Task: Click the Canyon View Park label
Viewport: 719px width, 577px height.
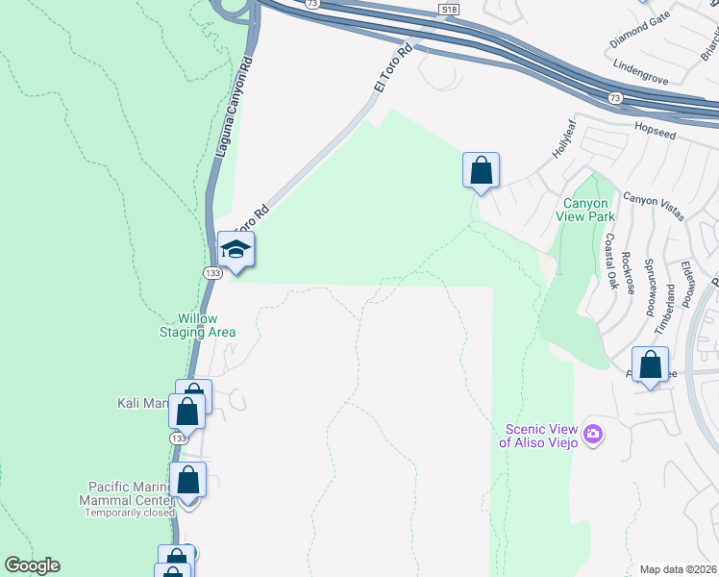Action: click(x=585, y=210)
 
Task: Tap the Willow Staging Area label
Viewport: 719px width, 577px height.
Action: click(x=197, y=325)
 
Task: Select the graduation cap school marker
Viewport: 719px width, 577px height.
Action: click(x=236, y=250)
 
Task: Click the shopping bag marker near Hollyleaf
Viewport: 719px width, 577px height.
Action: click(x=481, y=171)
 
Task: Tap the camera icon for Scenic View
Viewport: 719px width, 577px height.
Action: click(x=592, y=435)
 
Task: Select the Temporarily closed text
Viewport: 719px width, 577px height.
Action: click(x=129, y=513)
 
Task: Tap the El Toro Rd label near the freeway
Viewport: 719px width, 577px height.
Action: click(x=392, y=68)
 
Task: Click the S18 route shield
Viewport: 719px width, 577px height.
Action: click(x=448, y=9)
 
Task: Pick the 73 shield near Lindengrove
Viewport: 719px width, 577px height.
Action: click(x=614, y=98)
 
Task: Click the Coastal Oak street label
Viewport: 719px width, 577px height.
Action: click(x=610, y=261)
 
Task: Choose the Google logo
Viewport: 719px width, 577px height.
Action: click(x=32, y=565)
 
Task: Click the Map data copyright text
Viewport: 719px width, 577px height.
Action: click(x=678, y=569)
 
